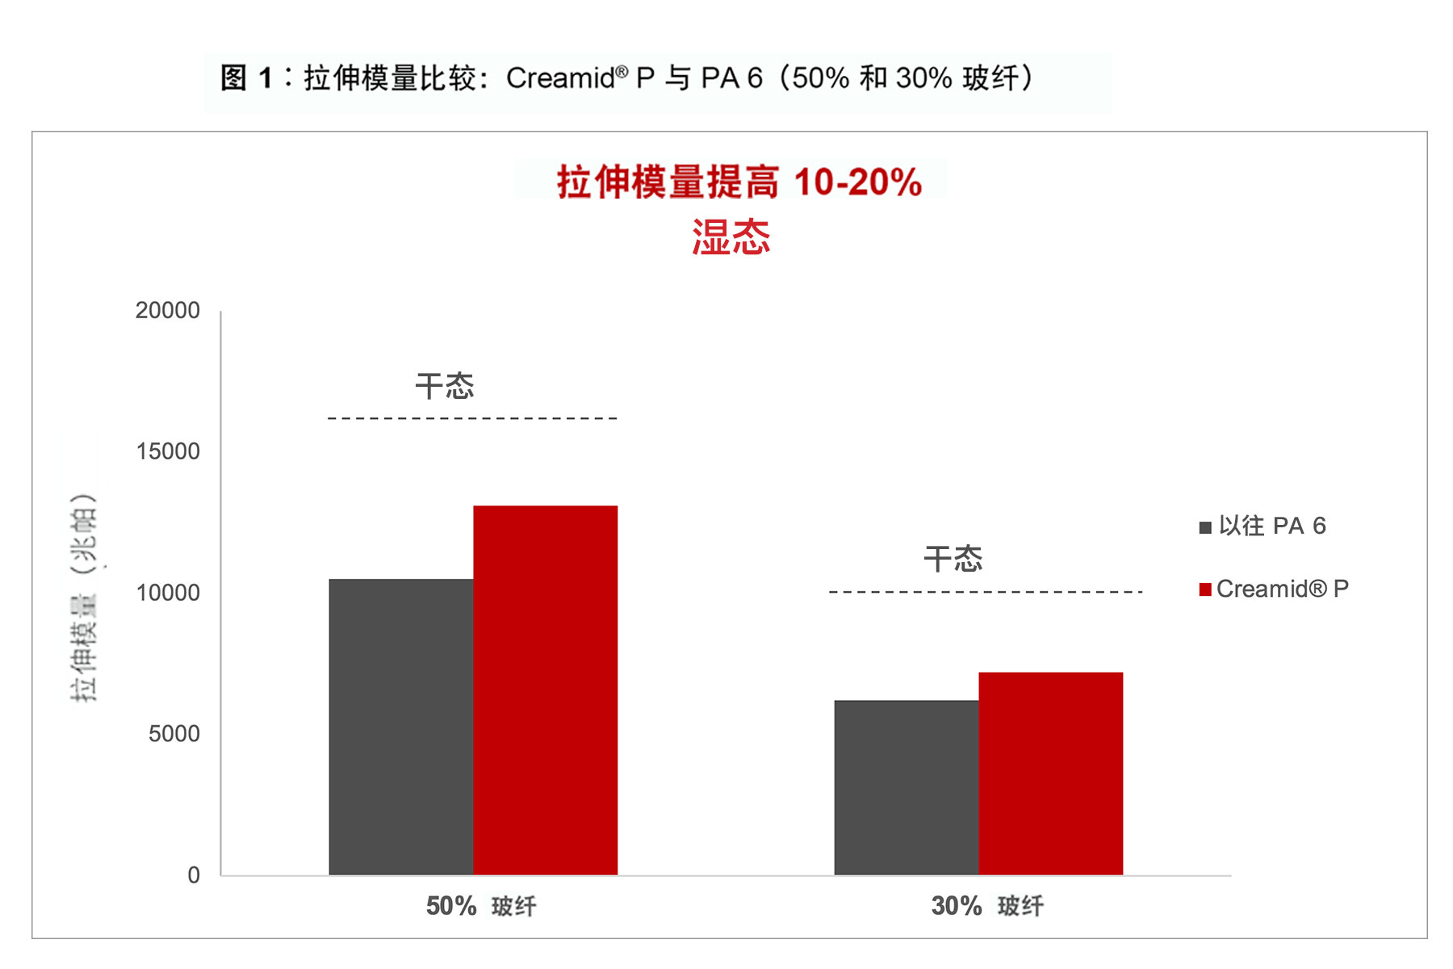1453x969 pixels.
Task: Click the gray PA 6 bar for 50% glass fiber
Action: [x=401, y=727]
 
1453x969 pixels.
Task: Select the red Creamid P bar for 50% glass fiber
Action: [x=546, y=690]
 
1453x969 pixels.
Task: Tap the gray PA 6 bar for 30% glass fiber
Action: [x=907, y=787]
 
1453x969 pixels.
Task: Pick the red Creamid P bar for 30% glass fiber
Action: [x=1051, y=774]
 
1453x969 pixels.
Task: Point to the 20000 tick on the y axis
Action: [x=168, y=311]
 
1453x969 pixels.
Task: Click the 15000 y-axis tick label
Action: [x=168, y=451]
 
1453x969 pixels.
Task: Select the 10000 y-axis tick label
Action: [x=168, y=593]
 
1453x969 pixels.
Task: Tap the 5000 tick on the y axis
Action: [x=174, y=734]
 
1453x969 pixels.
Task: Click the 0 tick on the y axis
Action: [x=194, y=875]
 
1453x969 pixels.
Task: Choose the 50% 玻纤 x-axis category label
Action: [x=481, y=906]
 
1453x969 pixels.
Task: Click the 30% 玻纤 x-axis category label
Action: [x=987, y=906]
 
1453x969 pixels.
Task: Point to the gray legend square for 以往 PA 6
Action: [x=1205, y=527]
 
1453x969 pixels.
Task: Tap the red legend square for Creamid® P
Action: [x=1205, y=589]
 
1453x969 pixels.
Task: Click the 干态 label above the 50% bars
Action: [x=445, y=386]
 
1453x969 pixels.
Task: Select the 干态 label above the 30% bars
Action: [x=953, y=559]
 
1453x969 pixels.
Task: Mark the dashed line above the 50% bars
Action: [x=473, y=418]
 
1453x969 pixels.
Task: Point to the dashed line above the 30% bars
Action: [x=986, y=592]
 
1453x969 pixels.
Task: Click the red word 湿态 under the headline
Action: [x=731, y=237]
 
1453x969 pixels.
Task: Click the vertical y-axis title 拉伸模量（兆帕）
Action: [x=84, y=598]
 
